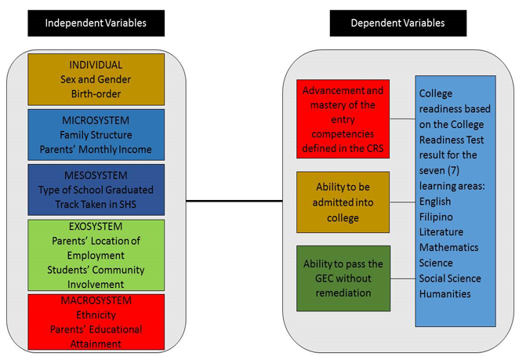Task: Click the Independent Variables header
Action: (x=96, y=23)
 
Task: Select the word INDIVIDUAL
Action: (x=96, y=65)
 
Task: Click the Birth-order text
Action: (x=96, y=94)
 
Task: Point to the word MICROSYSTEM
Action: (x=96, y=120)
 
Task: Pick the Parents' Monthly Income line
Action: (x=96, y=150)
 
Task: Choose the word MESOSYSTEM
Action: (x=96, y=175)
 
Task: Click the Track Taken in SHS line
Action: (x=96, y=204)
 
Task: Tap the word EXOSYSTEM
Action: (x=96, y=227)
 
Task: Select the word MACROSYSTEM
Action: (x=96, y=300)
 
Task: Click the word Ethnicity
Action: (x=96, y=315)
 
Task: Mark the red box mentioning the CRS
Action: (x=343, y=118)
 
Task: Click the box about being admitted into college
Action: (x=343, y=202)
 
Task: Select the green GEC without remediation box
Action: (x=343, y=278)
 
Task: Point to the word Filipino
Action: (x=437, y=216)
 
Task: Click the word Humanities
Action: (x=445, y=293)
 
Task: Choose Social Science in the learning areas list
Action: (x=451, y=278)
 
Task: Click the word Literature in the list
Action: (x=441, y=231)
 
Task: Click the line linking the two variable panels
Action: (x=234, y=202)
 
